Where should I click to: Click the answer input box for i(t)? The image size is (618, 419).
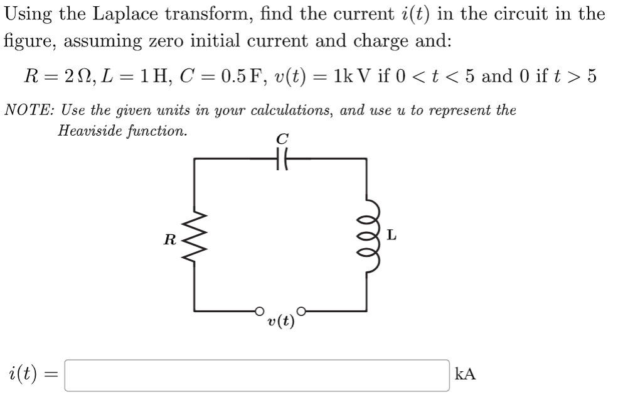257,375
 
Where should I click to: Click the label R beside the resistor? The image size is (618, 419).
169,239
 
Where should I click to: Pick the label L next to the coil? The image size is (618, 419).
392,236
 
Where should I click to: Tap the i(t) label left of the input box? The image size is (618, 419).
27,375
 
